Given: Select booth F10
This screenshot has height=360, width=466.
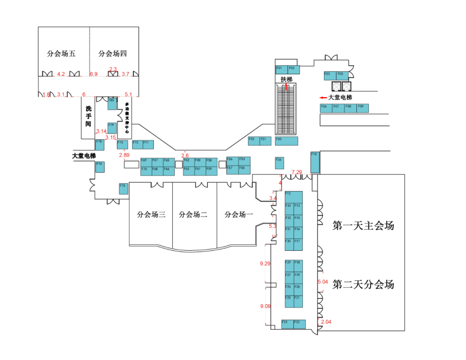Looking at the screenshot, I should click(x=315, y=161).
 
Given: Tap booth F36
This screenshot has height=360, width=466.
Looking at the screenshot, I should click(x=280, y=163).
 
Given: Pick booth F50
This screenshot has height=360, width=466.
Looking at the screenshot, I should click(x=287, y=141).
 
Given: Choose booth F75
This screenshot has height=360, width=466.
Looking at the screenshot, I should click(x=123, y=189).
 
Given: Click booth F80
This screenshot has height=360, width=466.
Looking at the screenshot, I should click(x=112, y=104).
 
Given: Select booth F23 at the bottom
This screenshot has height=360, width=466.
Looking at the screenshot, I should click(x=287, y=324).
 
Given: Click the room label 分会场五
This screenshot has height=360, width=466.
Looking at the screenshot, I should click(x=61, y=54).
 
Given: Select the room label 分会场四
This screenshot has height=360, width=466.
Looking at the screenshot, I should click(x=113, y=54).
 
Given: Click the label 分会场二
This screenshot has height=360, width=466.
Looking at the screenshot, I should click(x=193, y=215).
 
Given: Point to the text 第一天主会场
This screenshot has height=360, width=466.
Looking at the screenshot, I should click(x=363, y=225).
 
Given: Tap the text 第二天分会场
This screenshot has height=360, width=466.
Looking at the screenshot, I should click(x=363, y=284).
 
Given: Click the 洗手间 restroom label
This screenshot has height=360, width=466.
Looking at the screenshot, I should click(x=88, y=117).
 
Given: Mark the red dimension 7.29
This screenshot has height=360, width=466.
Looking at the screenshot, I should click(x=297, y=172).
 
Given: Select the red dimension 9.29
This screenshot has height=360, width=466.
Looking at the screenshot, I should click(x=265, y=263).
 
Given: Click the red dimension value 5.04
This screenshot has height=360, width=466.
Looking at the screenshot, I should click(x=323, y=282).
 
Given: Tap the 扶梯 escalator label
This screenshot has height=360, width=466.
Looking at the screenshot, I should click(x=287, y=79).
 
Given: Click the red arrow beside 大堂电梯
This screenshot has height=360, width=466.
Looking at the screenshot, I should click(x=322, y=98).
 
